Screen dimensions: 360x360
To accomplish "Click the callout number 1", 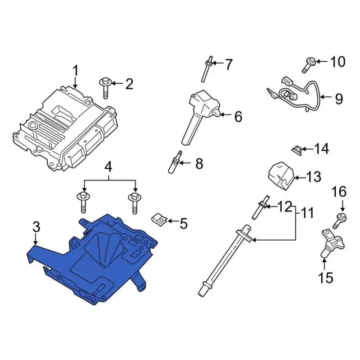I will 76,71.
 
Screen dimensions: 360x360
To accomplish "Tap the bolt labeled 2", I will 106,87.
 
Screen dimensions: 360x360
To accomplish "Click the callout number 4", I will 109,166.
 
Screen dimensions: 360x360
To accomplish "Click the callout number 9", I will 338,99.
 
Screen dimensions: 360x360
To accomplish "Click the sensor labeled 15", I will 329,242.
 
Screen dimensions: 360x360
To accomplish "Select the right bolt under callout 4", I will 135,201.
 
